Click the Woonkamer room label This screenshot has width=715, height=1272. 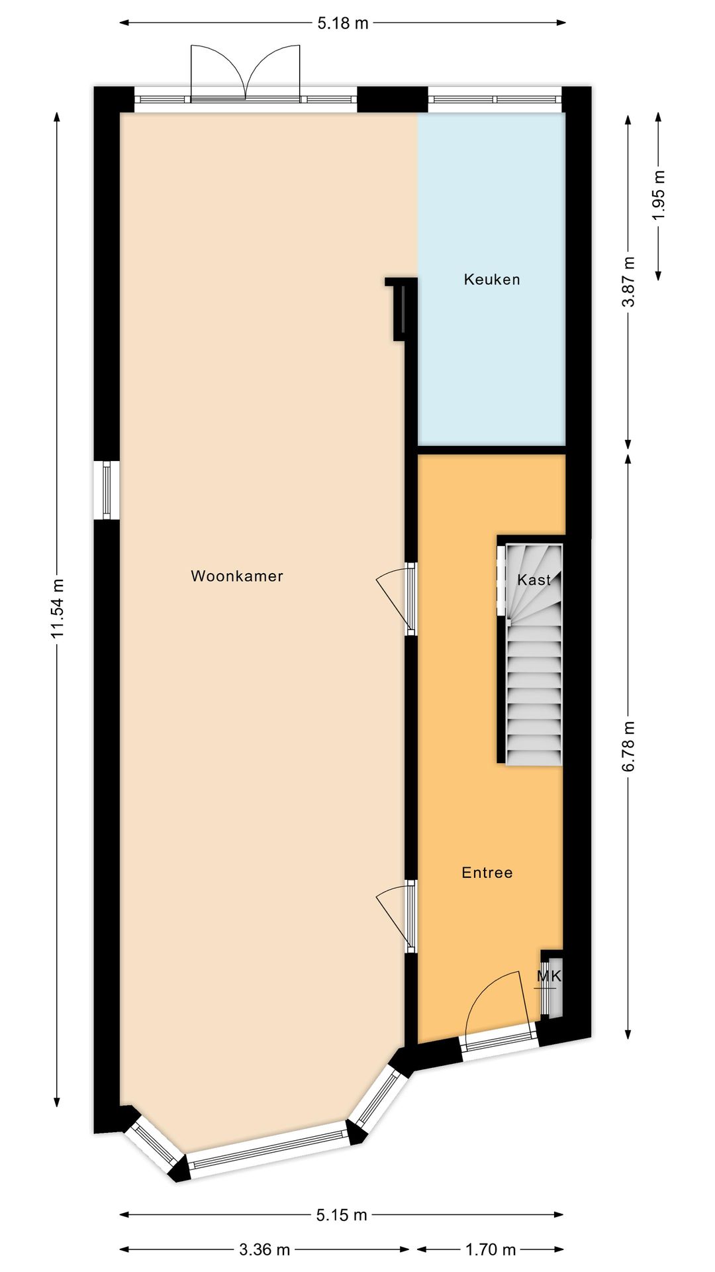[x=237, y=576]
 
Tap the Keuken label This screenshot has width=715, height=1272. [x=492, y=280]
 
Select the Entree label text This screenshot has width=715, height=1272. [x=487, y=873]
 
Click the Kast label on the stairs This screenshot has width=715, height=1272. [x=534, y=580]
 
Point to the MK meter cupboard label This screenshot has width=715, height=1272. [x=549, y=976]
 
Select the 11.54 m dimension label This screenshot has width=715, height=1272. [x=58, y=608]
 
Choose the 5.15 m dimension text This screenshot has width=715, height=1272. [x=342, y=1214]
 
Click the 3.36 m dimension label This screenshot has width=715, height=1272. [x=265, y=1249]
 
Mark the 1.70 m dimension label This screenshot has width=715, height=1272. [x=491, y=1249]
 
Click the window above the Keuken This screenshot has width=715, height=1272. [x=495, y=100]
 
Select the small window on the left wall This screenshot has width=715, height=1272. [x=107, y=490]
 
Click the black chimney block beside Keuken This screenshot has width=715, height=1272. [x=401, y=308]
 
